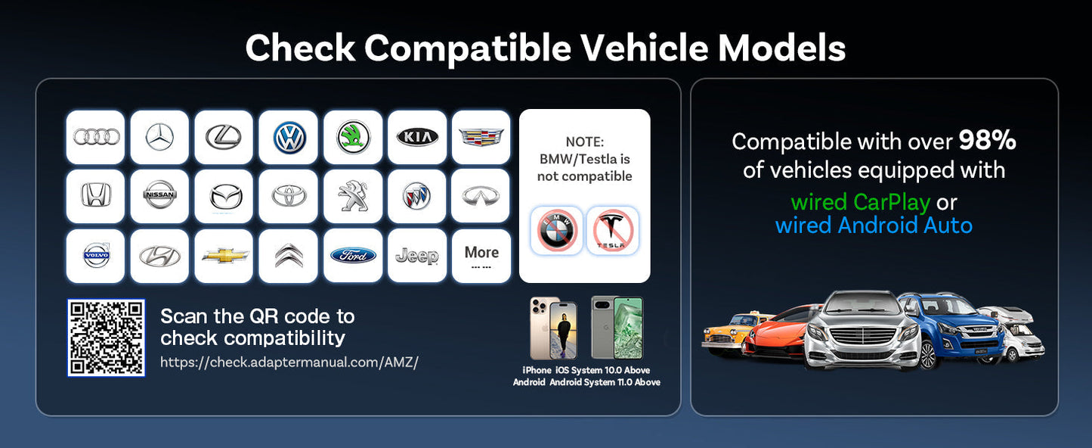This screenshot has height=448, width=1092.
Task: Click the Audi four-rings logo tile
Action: tap(96, 137)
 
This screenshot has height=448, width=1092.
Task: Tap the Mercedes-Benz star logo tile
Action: tap(159, 137)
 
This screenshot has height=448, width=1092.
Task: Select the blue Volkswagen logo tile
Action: tap(289, 137)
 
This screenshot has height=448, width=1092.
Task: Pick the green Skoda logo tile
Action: tap(353, 137)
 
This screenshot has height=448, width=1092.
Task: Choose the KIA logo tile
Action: tap(417, 137)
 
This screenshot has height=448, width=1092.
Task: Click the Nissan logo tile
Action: tap(159, 196)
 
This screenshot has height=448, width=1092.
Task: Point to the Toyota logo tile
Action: tap(289, 196)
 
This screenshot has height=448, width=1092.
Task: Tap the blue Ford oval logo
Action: tap(353, 256)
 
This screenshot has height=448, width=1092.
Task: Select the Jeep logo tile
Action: tap(417, 256)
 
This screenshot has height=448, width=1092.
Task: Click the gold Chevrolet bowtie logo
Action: tap(224, 256)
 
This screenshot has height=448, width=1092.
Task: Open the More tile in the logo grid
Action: tap(481, 256)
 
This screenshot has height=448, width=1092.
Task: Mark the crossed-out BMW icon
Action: tap(557, 230)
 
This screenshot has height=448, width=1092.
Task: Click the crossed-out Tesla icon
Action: tap(613, 230)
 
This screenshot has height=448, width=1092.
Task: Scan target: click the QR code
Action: tap(106, 338)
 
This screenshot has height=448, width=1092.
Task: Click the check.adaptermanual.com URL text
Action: tap(289, 362)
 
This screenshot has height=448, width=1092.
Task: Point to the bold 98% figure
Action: tap(988, 141)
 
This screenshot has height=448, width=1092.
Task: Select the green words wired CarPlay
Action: tap(860, 202)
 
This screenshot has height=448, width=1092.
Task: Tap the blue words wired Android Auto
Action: tap(874, 226)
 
